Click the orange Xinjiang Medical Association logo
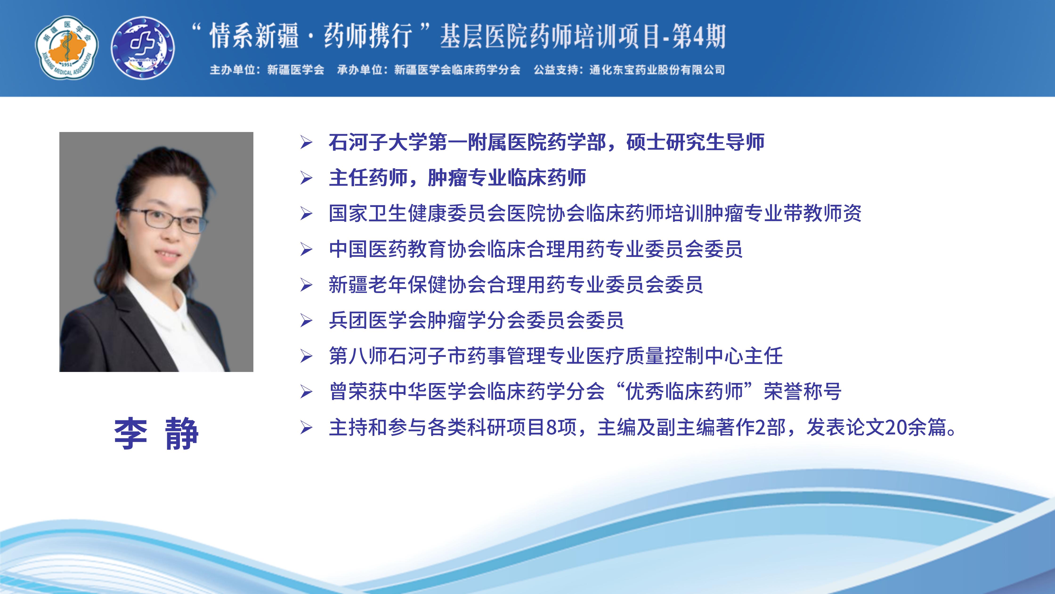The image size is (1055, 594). click(x=67, y=48)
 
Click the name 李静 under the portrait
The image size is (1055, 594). click(x=156, y=434)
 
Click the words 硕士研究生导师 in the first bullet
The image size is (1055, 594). click(x=695, y=142)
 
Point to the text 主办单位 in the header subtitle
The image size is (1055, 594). click(x=233, y=70)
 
